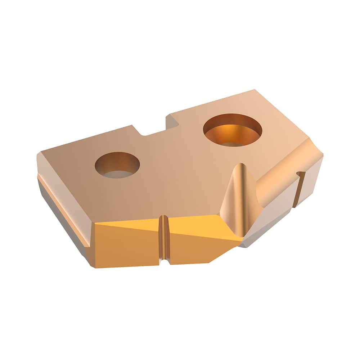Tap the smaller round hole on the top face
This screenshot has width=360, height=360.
pos(117,165)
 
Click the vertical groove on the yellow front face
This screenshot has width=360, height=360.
pos(164,238)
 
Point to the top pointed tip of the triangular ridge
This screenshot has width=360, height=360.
pos(240,166)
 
